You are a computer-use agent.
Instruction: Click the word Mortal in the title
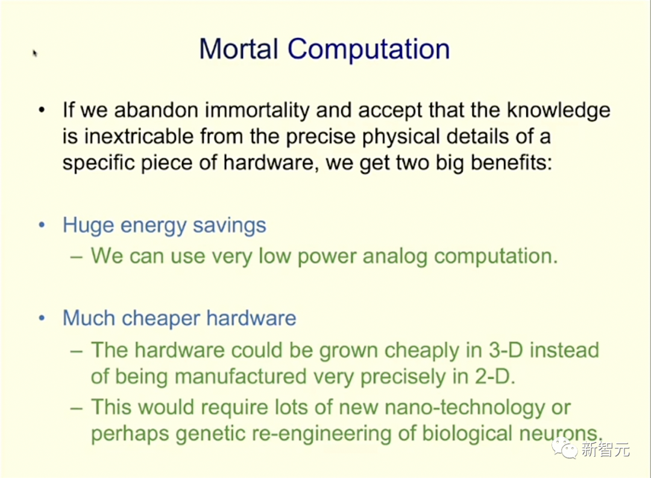point(239,49)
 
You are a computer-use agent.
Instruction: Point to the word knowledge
point(558,110)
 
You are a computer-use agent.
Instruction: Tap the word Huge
point(88,225)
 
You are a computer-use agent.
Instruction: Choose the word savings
point(229,225)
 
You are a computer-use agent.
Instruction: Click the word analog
point(395,256)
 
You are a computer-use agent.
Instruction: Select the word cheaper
point(161,319)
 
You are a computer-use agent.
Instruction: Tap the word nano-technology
point(465,407)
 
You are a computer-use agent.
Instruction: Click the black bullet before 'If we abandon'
point(42,110)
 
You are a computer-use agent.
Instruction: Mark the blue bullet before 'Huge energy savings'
point(42,225)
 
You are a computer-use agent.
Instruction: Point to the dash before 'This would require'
point(77,408)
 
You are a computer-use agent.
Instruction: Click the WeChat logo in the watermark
point(564,448)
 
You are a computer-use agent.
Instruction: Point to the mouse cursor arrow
point(35,53)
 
